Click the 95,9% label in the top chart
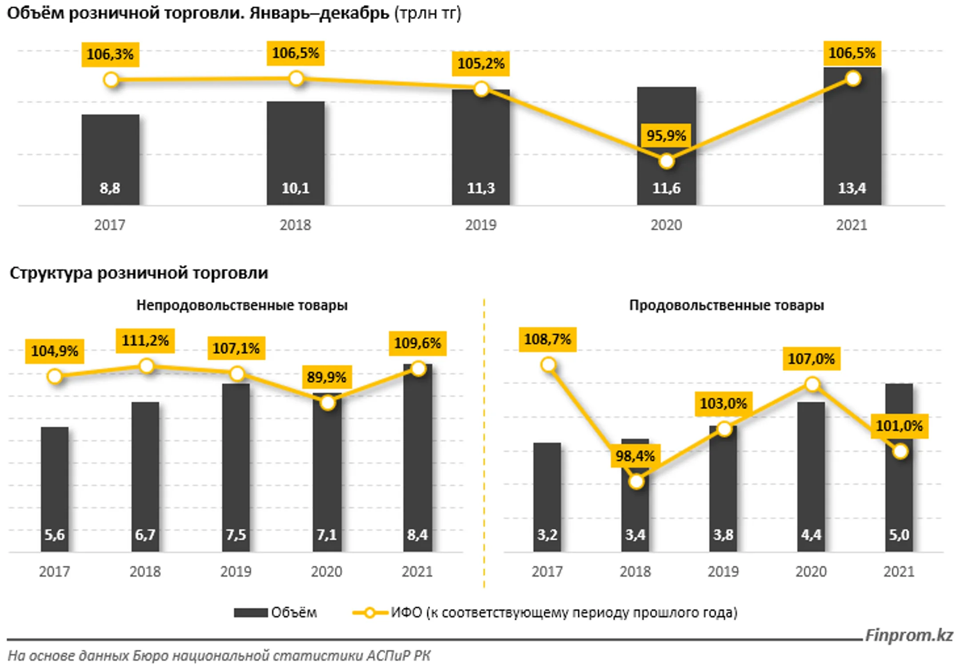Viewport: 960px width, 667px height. tap(665, 136)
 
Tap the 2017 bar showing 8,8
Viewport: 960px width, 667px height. tap(110, 160)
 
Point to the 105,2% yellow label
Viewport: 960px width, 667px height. tap(480, 64)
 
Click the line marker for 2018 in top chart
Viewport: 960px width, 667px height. tap(296, 79)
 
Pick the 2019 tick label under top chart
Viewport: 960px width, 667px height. tap(480, 225)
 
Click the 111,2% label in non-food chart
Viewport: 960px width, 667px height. tap(145, 341)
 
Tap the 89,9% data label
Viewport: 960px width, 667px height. tap(327, 377)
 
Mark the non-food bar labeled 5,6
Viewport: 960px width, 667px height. tap(55, 489)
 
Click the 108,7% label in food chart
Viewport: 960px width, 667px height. tap(547, 339)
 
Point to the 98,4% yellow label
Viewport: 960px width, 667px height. tap(635, 456)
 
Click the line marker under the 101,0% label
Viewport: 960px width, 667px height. tap(900, 451)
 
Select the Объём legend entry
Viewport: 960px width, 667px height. tap(276, 613)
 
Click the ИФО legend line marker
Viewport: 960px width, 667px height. tap(369, 613)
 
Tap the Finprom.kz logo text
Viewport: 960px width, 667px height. tap(908, 635)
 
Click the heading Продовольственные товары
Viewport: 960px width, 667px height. tap(726, 305)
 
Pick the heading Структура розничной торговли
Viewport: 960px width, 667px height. tap(139, 273)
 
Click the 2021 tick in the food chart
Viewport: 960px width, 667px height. tap(899, 571)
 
